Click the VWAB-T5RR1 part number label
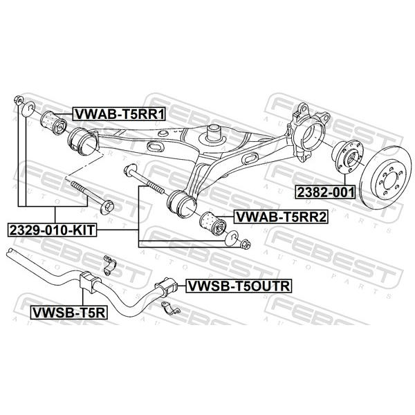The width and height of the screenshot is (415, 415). (119, 114)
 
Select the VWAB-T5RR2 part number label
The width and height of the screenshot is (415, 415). (281, 217)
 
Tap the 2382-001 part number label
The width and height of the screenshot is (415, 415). (325, 192)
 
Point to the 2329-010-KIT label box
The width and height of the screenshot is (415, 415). (52, 230)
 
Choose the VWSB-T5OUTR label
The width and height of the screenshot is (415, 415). (239, 286)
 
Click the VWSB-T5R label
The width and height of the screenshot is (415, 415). (68, 313)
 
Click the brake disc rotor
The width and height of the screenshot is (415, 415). (387, 177)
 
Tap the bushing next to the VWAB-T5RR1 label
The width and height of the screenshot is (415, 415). (53, 123)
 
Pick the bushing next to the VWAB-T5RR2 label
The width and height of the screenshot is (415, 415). (212, 223)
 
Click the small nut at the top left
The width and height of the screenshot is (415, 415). (18, 100)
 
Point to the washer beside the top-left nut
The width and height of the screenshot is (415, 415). (28, 109)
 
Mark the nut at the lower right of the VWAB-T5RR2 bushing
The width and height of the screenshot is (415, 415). (246, 244)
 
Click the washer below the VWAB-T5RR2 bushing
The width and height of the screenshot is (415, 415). (231, 238)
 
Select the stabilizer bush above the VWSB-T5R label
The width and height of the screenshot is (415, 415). (89, 282)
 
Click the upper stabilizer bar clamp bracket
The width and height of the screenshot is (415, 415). (109, 265)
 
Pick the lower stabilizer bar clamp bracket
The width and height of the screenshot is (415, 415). (170, 308)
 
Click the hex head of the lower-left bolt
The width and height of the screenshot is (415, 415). (107, 207)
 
